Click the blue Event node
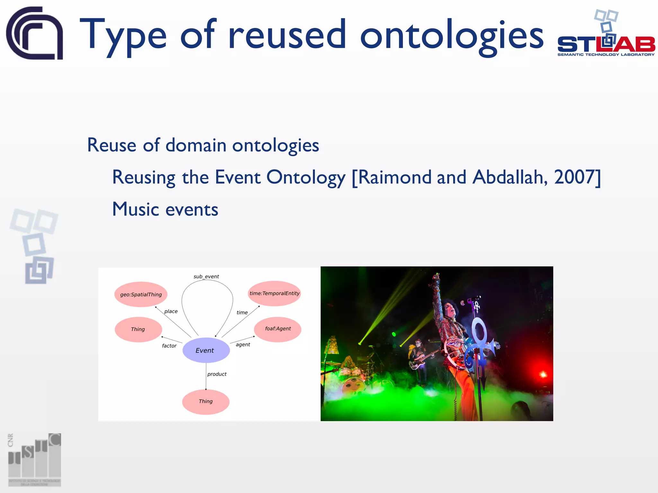click(x=206, y=350)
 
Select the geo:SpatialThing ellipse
click(x=141, y=294)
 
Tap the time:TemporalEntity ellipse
click(x=274, y=293)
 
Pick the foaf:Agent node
click(x=278, y=329)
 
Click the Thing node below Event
click(x=206, y=402)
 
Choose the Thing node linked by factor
click(x=138, y=329)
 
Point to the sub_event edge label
click(x=206, y=276)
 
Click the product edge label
click(x=217, y=374)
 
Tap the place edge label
click(x=171, y=311)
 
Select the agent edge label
click(x=243, y=345)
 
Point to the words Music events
click(x=165, y=210)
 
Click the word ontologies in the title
click(x=451, y=35)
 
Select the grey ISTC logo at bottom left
click(x=34, y=460)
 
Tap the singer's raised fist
click(x=436, y=277)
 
